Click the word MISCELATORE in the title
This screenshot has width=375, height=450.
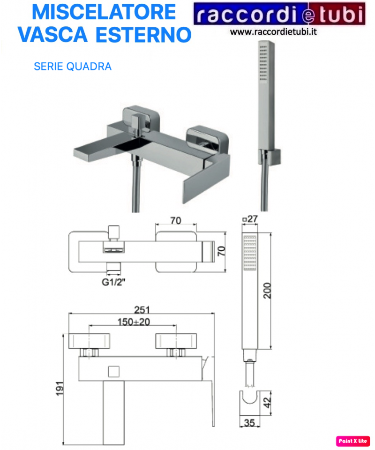tap(104, 12)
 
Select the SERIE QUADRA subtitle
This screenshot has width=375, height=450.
tap(73, 67)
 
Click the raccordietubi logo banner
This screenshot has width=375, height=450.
tap(279, 15)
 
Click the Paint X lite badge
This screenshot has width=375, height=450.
tap(353, 441)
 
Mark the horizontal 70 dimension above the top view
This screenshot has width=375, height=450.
tap(176, 221)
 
